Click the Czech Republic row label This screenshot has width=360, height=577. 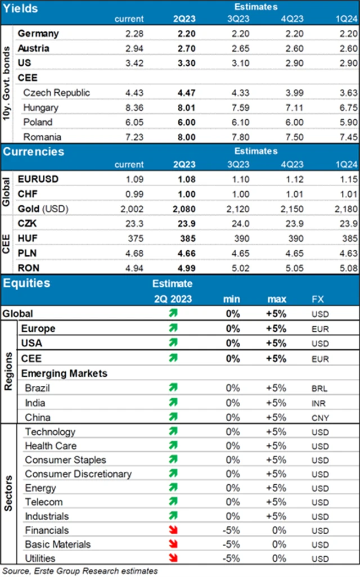[x=57, y=93]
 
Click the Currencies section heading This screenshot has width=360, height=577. [x=33, y=152]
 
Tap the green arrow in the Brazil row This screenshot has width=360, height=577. [x=173, y=388]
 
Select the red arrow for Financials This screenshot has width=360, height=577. [x=173, y=530]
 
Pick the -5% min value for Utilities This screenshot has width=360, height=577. [x=232, y=558]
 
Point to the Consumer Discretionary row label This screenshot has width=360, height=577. [x=78, y=474]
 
